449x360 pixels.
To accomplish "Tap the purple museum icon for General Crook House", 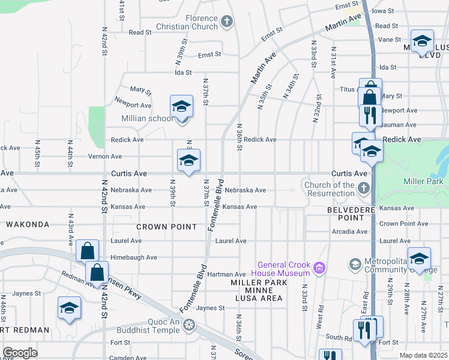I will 320,267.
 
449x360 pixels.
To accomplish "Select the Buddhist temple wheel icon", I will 190,325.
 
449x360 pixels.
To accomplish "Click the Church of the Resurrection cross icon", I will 363,189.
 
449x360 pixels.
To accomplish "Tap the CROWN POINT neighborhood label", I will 166,227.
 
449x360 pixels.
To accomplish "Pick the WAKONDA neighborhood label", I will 27,224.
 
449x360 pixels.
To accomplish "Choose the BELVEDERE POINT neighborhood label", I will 346,213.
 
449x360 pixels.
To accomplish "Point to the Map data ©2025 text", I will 423,355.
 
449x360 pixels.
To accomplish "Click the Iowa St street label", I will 382,11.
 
